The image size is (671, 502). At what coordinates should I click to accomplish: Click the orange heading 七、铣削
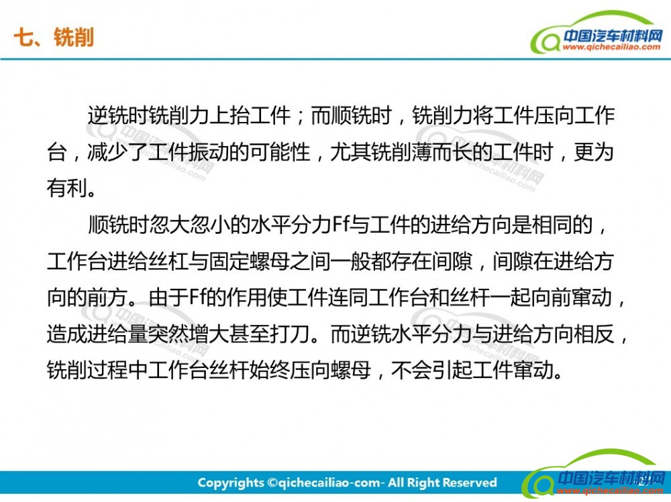tap(54, 38)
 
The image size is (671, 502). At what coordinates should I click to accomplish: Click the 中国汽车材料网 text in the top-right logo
tap(613, 35)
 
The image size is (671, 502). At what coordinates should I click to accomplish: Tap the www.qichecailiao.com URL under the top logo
tap(611, 47)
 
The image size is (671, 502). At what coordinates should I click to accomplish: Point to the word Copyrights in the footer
tap(231, 483)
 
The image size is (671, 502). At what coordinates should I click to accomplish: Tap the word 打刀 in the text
tap(290, 334)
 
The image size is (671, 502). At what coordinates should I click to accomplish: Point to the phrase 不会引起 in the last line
tap(431, 370)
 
